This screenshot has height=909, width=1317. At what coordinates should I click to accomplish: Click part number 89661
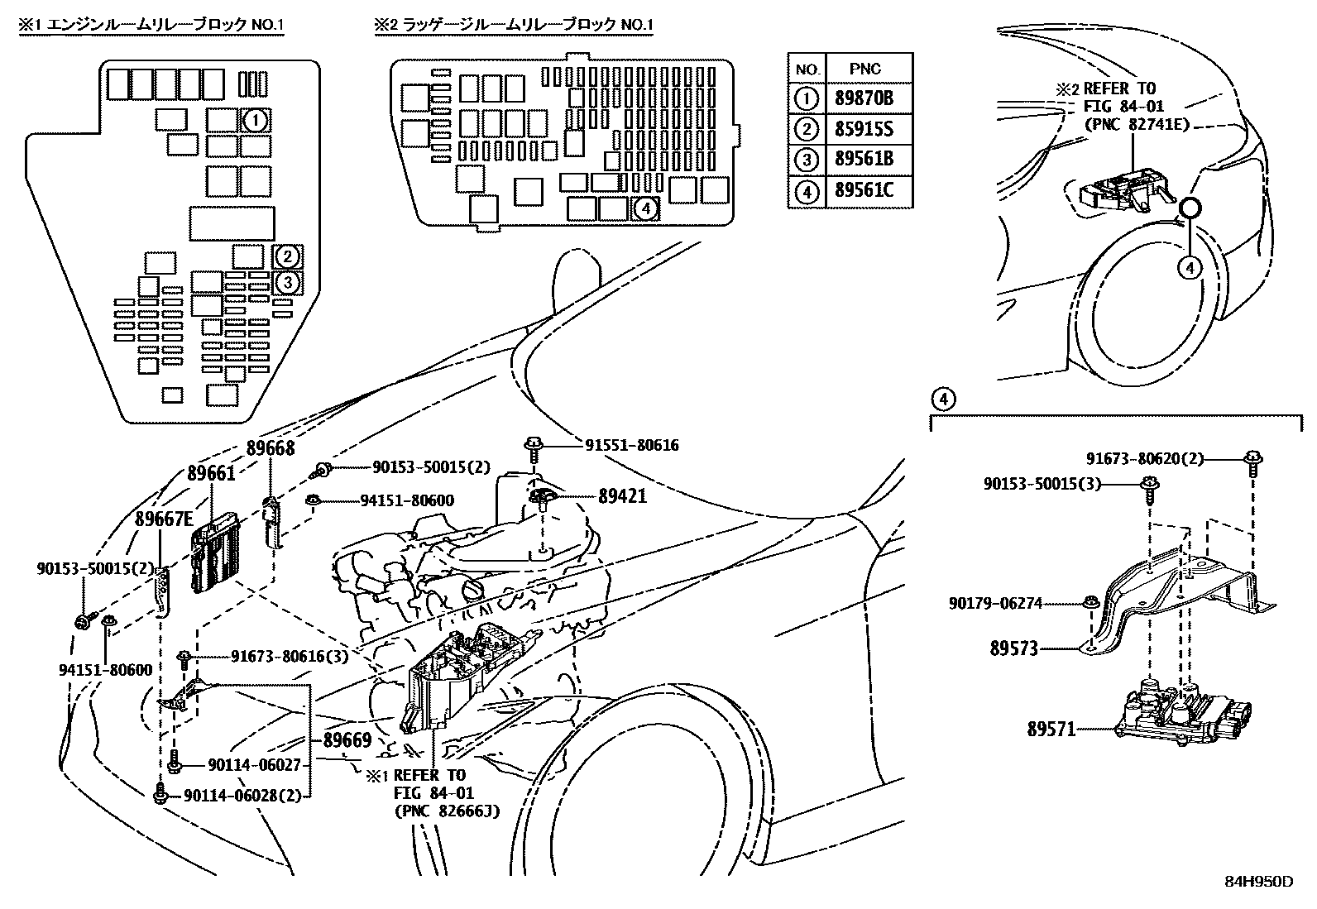211,473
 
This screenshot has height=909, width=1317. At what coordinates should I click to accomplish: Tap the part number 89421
622,496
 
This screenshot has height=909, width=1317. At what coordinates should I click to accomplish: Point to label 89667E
164,519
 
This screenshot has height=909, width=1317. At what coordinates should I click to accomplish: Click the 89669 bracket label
347,740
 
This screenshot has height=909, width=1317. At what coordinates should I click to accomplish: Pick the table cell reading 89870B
864,99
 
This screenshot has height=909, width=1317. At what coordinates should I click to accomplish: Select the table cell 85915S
864,130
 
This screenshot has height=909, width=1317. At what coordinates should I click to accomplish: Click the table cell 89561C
864,191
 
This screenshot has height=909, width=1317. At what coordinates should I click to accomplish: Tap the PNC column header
864,69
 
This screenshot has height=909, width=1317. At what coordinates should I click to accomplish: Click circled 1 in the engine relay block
256,121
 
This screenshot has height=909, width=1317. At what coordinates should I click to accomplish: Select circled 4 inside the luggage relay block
645,209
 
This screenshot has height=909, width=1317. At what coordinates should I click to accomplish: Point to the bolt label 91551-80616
631,445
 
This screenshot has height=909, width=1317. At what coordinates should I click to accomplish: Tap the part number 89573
1013,648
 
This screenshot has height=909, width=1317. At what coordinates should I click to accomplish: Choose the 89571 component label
1051,730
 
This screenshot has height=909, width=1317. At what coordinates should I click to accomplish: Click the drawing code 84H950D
1258,881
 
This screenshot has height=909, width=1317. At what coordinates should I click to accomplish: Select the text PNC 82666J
447,810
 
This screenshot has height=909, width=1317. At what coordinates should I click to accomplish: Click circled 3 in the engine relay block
287,283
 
